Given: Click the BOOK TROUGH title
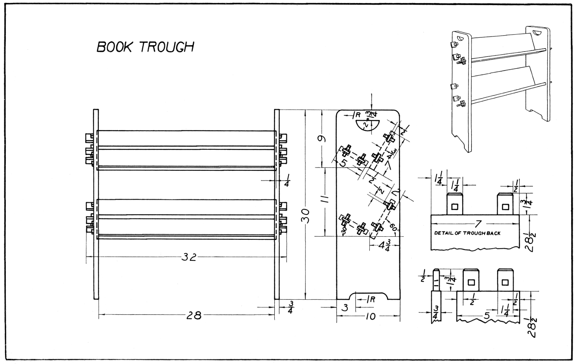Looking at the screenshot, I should point(145,47).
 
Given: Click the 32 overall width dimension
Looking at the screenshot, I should point(189,257).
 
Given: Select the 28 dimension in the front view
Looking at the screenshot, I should point(194,315).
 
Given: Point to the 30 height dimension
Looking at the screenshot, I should point(306,220).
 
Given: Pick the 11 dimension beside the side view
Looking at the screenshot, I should point(325,199).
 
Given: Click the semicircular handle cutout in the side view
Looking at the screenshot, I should point(367,125).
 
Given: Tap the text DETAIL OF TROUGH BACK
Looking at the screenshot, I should point(467,233).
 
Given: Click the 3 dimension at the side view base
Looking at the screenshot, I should point(345,307).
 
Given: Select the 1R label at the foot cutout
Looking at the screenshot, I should point(370,300).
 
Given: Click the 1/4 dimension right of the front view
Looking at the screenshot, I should point(287,180).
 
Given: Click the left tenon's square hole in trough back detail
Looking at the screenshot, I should point(455,207).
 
